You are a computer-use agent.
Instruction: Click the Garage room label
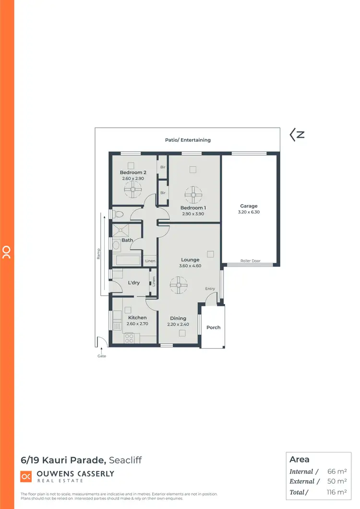point(249,206)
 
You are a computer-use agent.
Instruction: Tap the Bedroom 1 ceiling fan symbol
point(192,195)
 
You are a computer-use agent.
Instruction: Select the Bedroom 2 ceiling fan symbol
point(132,190)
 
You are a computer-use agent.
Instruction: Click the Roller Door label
point(250,261)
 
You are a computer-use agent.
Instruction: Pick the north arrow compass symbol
point(297,135)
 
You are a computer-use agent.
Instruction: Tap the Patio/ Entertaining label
point(187,140)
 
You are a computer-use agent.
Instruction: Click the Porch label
point(214,327)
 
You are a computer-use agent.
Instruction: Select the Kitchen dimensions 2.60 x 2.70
point(137,324)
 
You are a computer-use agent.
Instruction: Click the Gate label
point(102,356)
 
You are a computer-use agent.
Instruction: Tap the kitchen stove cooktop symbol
point(129,338)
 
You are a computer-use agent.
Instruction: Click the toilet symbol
point(119,214)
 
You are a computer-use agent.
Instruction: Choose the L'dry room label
point(134,283)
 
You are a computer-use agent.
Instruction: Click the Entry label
point(210,289)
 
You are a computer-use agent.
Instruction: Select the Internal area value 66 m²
point(337,472)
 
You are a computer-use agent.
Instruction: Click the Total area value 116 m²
point(336,492)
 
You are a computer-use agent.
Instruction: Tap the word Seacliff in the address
point(126,460)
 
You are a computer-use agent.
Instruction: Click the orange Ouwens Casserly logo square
point(26,476)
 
